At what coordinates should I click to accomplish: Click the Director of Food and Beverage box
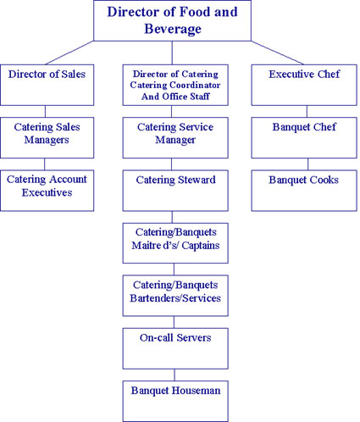tap(172, 20)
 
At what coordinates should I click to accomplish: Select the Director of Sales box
tap(47, 85)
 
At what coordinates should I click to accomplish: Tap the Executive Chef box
tap(304, 85)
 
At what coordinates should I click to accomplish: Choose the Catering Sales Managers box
tap(47, 137)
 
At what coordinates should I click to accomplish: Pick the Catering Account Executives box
tap(47, 191)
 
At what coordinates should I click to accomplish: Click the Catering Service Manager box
tap(175, 137)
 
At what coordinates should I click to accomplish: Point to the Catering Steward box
tap(175, 191)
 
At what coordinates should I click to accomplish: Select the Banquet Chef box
tap(304, 137)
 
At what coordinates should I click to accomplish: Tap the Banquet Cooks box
tap(304, 191)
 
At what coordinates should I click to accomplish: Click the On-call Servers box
tap(175, 348)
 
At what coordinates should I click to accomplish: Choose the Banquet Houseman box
tap(175, 401)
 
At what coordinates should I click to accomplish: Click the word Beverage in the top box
tap(173, 29)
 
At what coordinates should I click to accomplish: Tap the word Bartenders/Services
tap(175, 298)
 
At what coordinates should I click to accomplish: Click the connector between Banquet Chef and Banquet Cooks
tap(308, 164)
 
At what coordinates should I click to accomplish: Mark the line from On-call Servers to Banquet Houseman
tap(174, 375)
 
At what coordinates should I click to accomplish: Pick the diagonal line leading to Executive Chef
tap(277, 53)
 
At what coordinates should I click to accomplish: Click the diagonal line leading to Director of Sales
tap(69, 53)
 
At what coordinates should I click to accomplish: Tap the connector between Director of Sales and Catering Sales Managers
tap(45, 111)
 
